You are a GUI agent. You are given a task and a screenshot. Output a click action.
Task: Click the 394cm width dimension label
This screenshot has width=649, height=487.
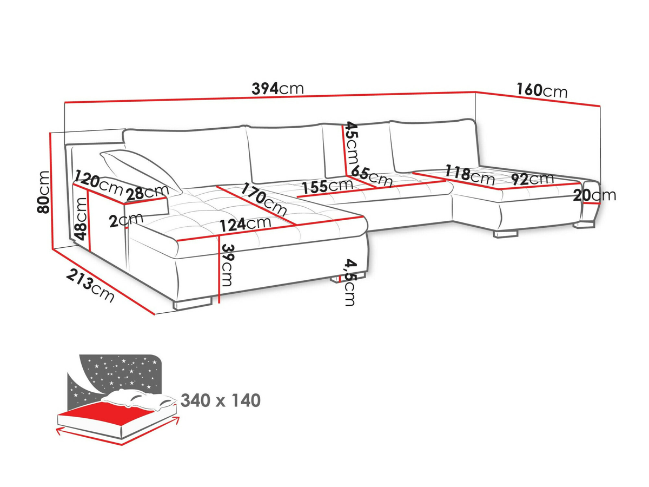[277, 88]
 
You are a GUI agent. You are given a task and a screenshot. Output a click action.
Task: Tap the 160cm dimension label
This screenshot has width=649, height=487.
[542, 90]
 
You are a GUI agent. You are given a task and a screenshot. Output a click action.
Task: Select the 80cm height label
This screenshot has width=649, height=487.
[44, 192]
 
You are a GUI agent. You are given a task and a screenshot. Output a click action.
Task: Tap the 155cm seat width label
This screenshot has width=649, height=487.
[327, 186]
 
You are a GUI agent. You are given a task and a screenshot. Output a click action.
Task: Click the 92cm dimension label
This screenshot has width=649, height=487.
[533, 179]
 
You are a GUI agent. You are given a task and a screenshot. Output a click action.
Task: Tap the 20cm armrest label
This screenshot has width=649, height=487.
[594, 195]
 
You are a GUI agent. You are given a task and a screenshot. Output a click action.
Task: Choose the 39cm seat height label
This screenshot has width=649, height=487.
[227, 265]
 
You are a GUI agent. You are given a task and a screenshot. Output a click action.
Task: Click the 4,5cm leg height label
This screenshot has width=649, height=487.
[350, 282]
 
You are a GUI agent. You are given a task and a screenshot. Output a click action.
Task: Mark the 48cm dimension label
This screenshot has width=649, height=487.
[81, 218]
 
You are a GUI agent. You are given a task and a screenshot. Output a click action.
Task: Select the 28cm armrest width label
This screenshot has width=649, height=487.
[148, 192]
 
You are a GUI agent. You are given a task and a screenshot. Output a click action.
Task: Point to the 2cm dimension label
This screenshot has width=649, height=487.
[125, 220]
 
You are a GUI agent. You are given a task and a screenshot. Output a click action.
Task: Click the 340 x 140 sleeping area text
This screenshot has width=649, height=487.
[221, 401]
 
